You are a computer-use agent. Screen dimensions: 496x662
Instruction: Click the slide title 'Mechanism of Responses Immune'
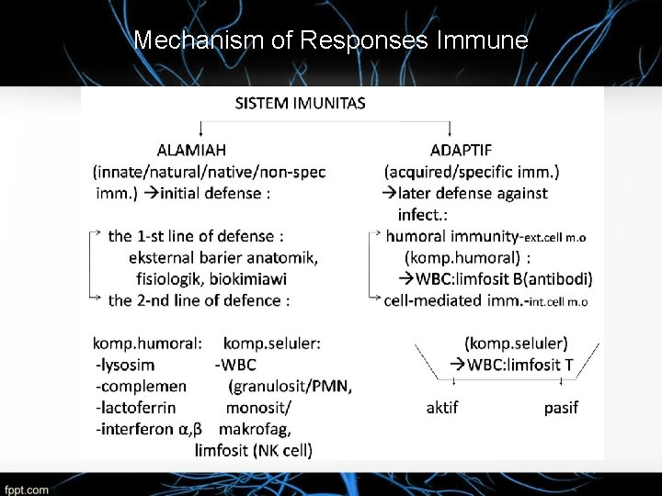(x=331, y=40)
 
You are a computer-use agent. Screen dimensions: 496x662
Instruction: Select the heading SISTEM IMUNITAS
(x=300, y=102)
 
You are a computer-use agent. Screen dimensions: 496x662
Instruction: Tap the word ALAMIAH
(x=191, y=149)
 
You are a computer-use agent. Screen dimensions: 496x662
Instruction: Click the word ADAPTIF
(x=461, y=150)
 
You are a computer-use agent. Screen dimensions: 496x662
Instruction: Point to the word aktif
(x=442, y=407)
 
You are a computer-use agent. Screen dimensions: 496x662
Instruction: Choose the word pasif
(x=561, y=407)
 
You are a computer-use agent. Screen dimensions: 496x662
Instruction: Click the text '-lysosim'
(x=125, y=365)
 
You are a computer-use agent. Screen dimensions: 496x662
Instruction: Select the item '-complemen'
(x=141, y=386)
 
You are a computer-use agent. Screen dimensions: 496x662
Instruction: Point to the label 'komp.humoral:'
(x=147, y=343)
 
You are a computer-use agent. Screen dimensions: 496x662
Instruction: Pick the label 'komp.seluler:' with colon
(x=272, y=343)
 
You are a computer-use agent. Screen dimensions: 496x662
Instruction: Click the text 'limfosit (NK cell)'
(x=254, y=450)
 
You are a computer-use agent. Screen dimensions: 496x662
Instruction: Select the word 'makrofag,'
(x=256, y=428)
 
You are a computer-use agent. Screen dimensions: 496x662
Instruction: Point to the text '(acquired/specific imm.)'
(x=472, y=171)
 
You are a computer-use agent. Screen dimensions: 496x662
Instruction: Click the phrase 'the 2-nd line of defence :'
(x=199, y=300)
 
